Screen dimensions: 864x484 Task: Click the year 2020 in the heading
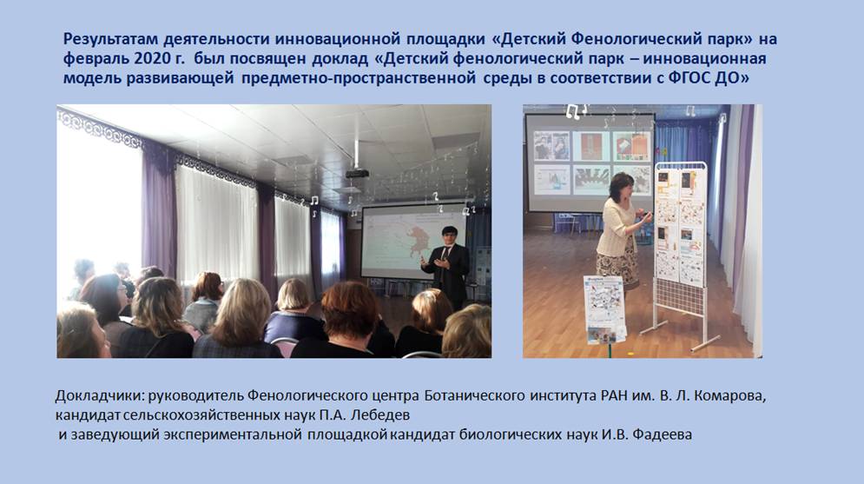point(156,58)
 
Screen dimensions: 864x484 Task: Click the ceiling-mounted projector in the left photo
point(357,173)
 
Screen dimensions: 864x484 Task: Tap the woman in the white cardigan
point(621,231)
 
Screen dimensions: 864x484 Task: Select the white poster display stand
point(679,254)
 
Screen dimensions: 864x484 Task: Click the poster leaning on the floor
point(604,309)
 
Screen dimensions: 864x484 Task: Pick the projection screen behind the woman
point(590,162)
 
